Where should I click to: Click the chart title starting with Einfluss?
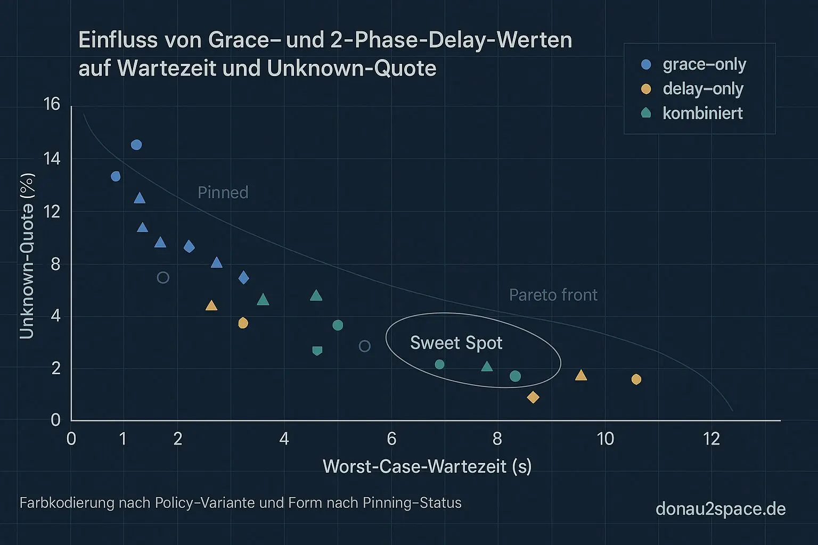pos(325,54)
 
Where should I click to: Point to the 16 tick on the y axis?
pos(52,104)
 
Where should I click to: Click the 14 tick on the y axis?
pos(52,159)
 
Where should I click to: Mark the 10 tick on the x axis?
pos(605,439)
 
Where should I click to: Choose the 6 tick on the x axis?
pos(391,439)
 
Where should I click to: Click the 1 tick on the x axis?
pos(123,439)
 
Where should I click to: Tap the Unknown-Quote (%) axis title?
pos(27,255)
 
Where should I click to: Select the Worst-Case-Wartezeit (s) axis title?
pos(427,466)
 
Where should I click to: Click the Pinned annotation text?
pos(223,193)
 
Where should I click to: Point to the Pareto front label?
pos(553,295)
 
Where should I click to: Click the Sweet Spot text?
pos(456,343)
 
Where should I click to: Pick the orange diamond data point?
pos(533,397)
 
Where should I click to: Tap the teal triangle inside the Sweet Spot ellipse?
pos(487,367)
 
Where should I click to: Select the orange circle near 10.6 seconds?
pos(636,379)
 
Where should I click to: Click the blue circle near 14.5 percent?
pos(136,145)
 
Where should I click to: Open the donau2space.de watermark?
pos(720,509)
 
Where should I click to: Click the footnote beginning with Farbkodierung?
pos(240,503)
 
